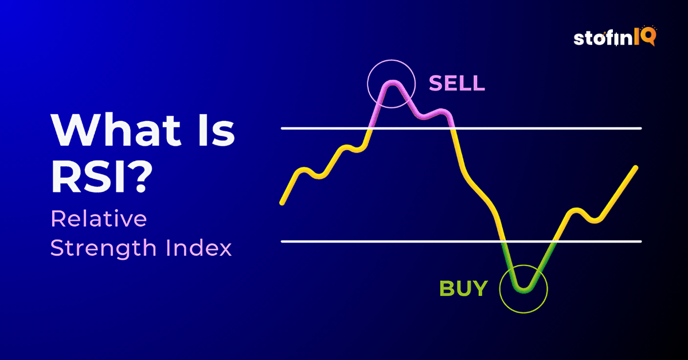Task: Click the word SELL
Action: (x=457, y=84)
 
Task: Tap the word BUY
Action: (x=463, y=288)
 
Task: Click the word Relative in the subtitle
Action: (x=99, y=219)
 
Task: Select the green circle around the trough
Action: (x=523, y=288)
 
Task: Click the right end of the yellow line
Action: (x=636, y=167)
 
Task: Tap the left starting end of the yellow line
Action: (x=282, y=202)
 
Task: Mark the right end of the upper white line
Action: (x=640, y=128)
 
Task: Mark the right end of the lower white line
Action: (x=640, y=241)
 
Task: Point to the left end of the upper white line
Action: (x=282, y=128)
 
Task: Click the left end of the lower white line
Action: (x=282, y=241)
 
